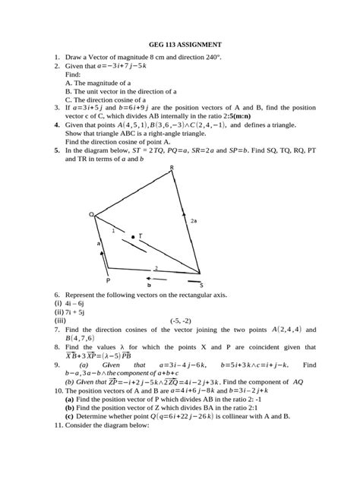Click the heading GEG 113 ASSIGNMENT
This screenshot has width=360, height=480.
tap(179, 45)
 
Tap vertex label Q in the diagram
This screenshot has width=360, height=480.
tap(91, 216)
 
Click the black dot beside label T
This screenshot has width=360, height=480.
tap(133, 238)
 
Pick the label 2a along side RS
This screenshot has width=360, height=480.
tap(194, 220)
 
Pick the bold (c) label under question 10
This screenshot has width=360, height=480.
tap(69, 416)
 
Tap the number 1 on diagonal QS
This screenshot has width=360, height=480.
tap(113, 229)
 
